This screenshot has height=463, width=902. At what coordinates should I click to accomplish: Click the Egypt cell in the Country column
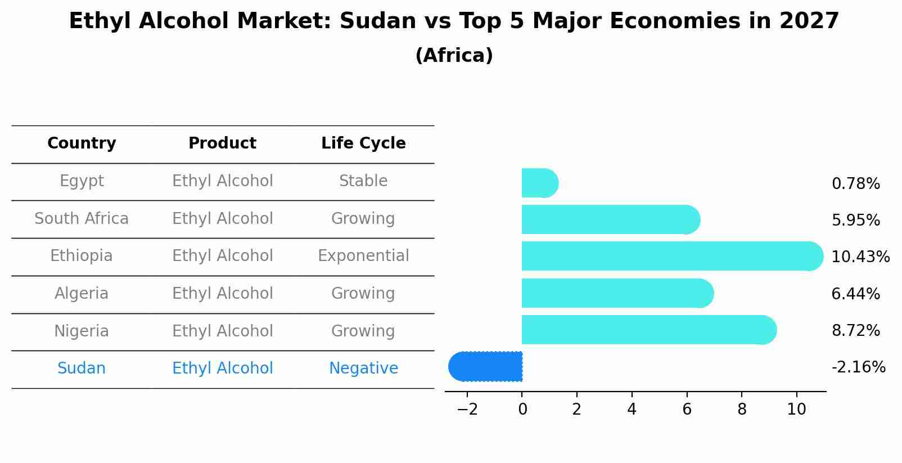pos(82,181)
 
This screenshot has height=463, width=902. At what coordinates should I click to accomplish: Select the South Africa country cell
pos(82,218)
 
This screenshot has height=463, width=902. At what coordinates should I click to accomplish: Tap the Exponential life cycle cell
pos(363,256)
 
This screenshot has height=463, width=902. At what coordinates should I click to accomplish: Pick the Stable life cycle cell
pos(363,181)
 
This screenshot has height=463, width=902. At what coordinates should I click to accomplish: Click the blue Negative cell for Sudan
pos(363,368)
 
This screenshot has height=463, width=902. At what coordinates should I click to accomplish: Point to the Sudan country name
pos(82,368)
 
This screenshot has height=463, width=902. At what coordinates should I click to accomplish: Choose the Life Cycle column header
pos(363,143)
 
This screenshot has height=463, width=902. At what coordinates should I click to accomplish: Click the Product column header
pos(222,143)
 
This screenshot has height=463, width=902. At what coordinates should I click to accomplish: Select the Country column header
pos(82,143)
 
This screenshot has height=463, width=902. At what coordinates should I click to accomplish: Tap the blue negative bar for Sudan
pos(486,366)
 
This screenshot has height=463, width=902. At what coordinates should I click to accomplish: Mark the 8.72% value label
pos(855,330)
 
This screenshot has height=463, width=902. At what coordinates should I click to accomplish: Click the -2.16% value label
pos(858,367)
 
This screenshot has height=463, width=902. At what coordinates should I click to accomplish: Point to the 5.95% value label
pos(855,220)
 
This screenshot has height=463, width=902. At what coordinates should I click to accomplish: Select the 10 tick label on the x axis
pos(796,410)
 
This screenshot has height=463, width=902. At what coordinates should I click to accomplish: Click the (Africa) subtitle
pos(454,56)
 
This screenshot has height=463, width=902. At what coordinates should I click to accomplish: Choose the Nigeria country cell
pos(82,331)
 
